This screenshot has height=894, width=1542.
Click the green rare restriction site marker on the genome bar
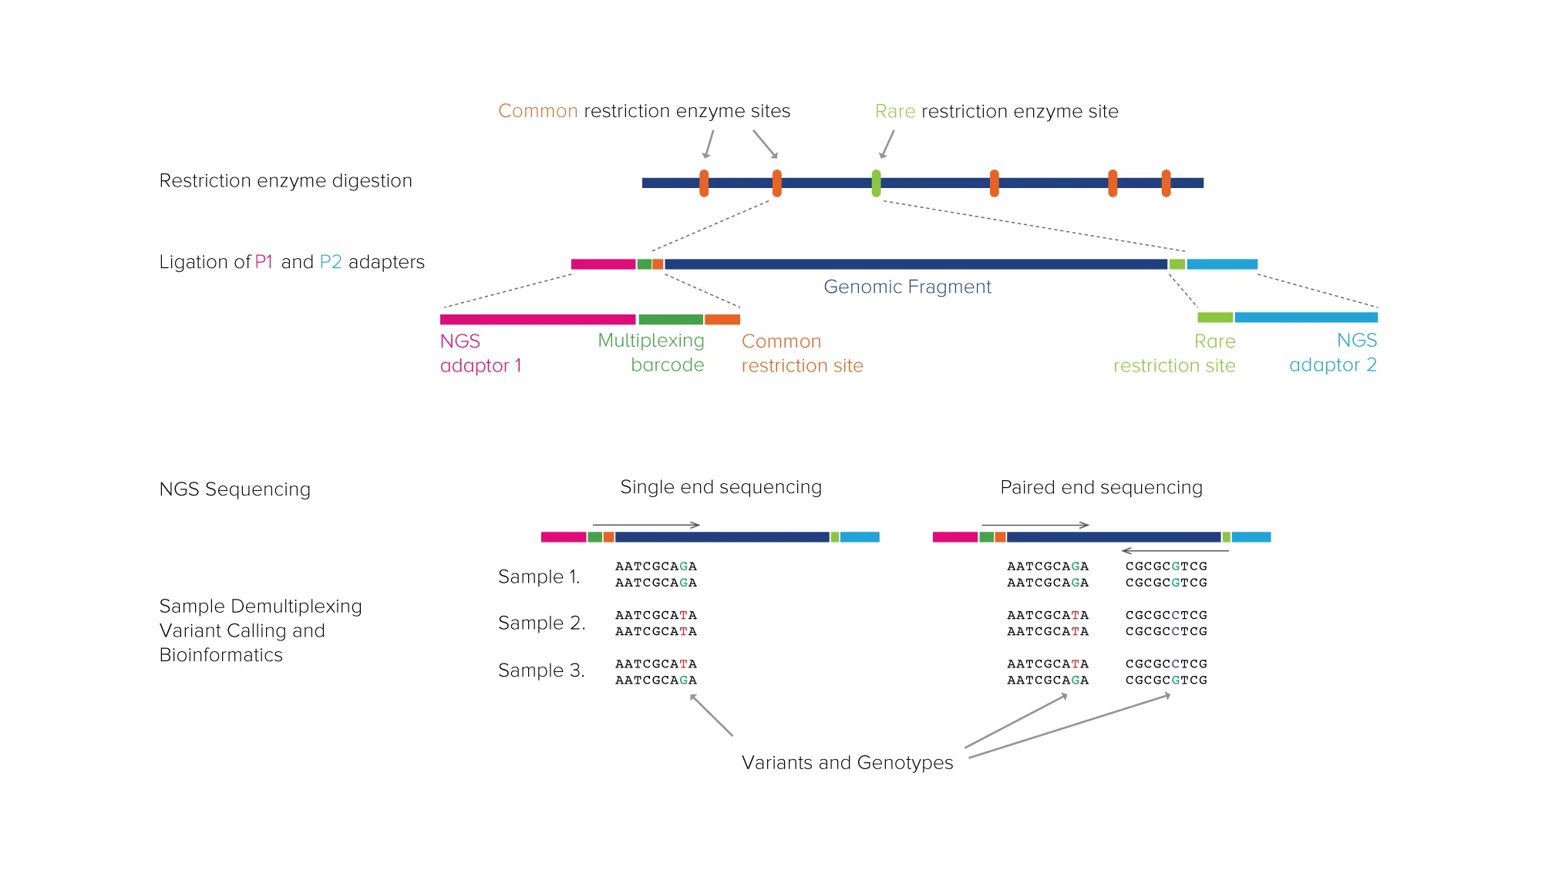[x=876, y=183]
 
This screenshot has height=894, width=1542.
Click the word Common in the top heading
[x=537, y=111]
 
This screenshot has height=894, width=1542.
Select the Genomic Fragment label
[x=907, y=287]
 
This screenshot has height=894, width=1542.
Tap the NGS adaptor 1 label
[x=480, y=353]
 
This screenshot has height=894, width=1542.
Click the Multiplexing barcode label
[x=651, y=353]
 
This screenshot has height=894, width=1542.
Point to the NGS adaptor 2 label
[x=1333, y=353]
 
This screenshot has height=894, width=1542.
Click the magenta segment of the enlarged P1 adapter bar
[x=537, y=319]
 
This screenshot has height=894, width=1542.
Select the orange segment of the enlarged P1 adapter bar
[x=722, y=319]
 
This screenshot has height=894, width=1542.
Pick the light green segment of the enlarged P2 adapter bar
[x=1214, y=318]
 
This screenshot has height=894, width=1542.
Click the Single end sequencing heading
[x=721, y=487]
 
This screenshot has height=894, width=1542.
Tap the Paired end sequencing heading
[x=1101, y=487]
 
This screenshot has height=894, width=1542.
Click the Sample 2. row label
[x=541, y=623]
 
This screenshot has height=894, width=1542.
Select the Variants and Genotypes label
[x=847, y=762]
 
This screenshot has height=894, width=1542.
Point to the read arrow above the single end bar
[x=646, y=525]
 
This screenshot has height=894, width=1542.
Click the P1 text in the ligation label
[x=264, y=262]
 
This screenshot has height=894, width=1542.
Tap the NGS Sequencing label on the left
[x=234, y=489]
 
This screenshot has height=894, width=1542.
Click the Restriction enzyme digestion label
[x=285, y=180]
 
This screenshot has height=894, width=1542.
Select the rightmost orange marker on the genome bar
[x=1166, y=183]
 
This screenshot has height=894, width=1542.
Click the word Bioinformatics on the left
[x=221, y=655]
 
